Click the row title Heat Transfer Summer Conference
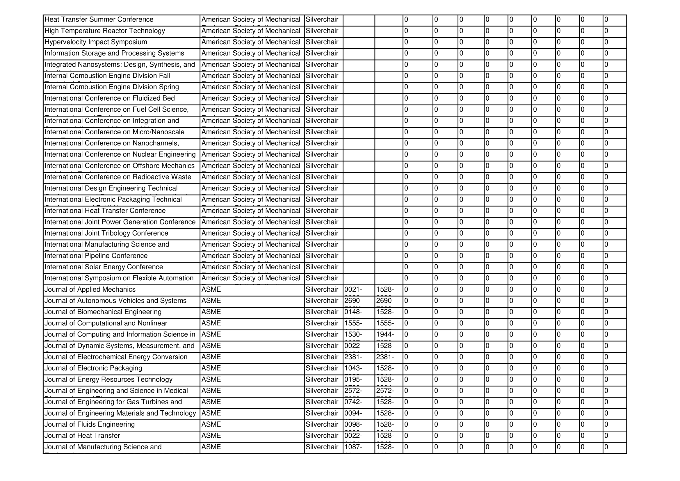pyautogui.click(x=99, y=19)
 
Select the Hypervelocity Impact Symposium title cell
pyautogui.click(x=96, y=42)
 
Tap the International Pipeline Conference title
pyautogui.click(x=96, y=256)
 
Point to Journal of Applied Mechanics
pyautogui.click(x=90, y=289)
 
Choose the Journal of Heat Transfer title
pyautogui.click(x=82, y=435)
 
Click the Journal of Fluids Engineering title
pyautogui.click(x=90, y=424)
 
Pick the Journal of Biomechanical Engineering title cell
pyautogui.click(x=103, y=312)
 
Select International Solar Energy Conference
pyautogui.click(x=104, y=267)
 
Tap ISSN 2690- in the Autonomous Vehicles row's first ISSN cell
pyautogui.click(x=353, y=301)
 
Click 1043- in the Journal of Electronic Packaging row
pyautogui.click(x=353, y=368)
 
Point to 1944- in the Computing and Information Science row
pyautogui.click(x=385, y=334)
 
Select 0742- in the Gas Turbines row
pyautogui.click(x=353, y=402)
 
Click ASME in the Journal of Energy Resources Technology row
pyautogui.click(x=211, y=380)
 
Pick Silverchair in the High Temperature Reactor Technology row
pyautogui.click(x=322, y=31)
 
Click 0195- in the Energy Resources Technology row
pyautogui.click(x=353, y=380)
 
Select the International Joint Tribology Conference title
pyautogui.click(x=106, y=233)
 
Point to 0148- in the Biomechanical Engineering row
pyautogui.click(x=353, y=312)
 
